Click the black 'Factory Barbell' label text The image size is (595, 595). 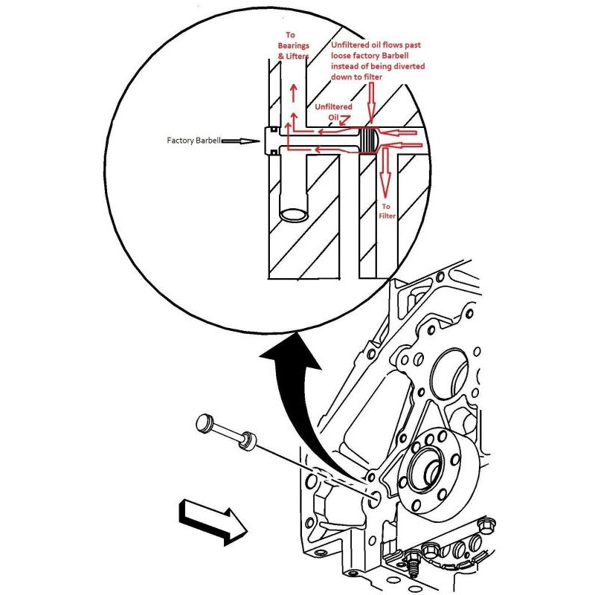pyautogui.click(x=193, y=141)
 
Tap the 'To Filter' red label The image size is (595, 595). pyautogui.click(x=387, y=211)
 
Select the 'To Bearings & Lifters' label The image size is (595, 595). pyautogui.click(x=293, y=45)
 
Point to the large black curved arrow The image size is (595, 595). pyautogui.click(x=300, y=399)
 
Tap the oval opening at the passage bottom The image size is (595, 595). pyautogui.click(x=294, y=215)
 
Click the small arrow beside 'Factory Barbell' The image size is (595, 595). pyautogui.click(x=240, y=141)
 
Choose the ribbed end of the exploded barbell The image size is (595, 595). pyautogui.click(x=248, y=441)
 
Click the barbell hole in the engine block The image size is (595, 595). pyautogui.click(x=375, y=498)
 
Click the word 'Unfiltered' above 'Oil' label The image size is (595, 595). pyautogui.click(x=333, y=107)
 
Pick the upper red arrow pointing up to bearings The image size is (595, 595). pyautogui.click(x=294, y=93)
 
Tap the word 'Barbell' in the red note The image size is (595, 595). pyautogui.click(x=396, y=56)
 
